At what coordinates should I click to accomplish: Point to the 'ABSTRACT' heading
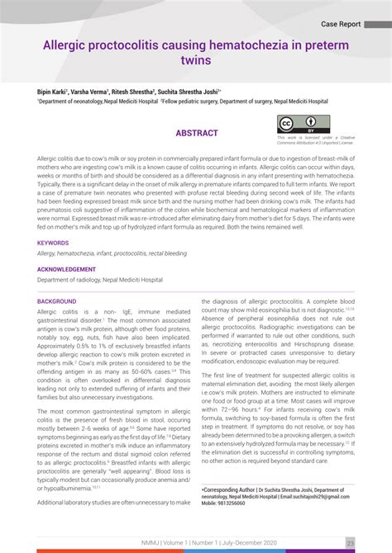pos(196,133)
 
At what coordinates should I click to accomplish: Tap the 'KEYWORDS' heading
pos(53,243)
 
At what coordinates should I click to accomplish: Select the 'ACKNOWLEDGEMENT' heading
pos(66,269)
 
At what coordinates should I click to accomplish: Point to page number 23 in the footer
pos(351,542)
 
